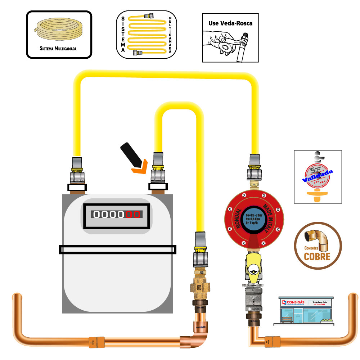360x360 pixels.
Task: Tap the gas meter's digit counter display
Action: (117, 215)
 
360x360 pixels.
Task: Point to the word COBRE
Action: (317, 257)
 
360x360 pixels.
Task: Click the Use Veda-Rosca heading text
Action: (230, 23)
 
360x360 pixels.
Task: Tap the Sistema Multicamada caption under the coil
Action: (59, 48)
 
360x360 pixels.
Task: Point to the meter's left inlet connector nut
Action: (77, 176)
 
